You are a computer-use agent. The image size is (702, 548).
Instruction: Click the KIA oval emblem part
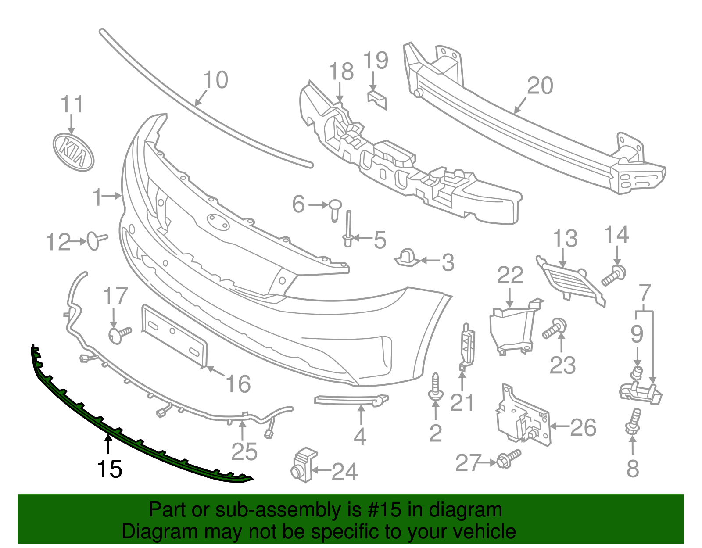[x=73, y=152]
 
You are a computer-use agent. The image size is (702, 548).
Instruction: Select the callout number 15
[x=109, y=469]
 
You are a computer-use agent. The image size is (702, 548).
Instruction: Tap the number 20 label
[x=540, y=86]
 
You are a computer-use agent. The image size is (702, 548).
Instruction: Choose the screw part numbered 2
[x=435, y=387]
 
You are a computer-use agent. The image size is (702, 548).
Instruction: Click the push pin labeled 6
[x=335, y=209]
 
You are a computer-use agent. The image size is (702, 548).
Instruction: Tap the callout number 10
[x=215, y=80]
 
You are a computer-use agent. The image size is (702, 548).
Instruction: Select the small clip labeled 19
[x=377, y=100]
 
